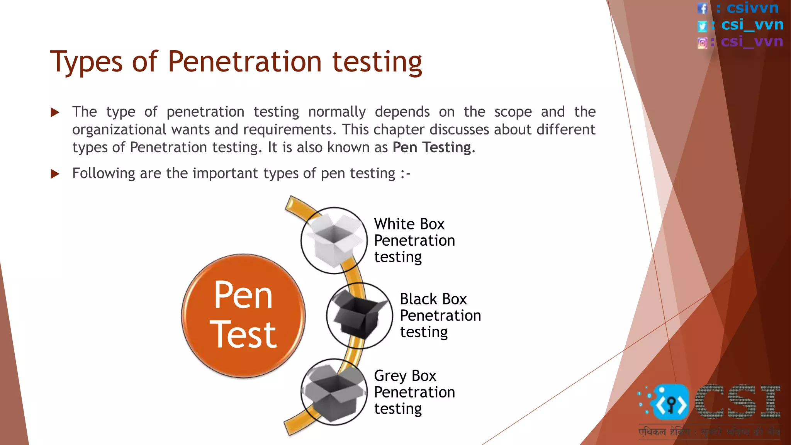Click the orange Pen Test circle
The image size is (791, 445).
[x=243, y=316]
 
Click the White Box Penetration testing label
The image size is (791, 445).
[x=414, y=240]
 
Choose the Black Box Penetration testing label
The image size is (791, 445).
[x=440, y=315]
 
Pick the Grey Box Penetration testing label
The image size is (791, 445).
[x=414, y=392]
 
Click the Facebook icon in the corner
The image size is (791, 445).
[x=702, y=8]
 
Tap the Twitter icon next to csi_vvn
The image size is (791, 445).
[x=702, y=26]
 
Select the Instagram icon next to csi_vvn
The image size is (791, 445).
[x=702, y=42]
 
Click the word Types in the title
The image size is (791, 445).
[x=86, y=62]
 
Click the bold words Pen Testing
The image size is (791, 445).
[x=432, y=148]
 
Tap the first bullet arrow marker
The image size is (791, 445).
[x=55, y=112]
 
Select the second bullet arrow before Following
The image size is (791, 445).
[x=55, y=174]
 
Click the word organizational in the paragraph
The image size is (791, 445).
[x=120, y=130]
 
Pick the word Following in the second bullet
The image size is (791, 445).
[x=104, y=173]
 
